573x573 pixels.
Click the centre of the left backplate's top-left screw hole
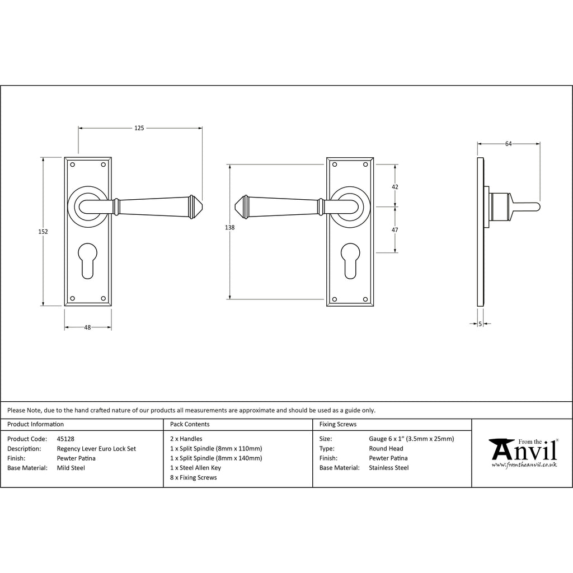(72, 165)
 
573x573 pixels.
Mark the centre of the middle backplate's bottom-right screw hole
(365, 299)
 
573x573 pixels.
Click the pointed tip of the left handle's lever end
(202, 207)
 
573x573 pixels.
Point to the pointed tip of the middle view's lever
(234, 207)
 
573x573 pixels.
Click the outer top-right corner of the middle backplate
(373, 158)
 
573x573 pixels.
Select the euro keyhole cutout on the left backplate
(88, 261)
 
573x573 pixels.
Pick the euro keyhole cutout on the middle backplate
(350, 261)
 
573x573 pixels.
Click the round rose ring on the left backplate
(88, 207)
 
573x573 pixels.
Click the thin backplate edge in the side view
(481, 232)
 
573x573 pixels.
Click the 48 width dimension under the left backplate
(87, 327)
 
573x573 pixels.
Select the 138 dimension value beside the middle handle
(229, 227)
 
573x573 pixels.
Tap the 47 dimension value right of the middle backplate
(394, 230)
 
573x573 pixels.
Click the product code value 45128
(65, 439)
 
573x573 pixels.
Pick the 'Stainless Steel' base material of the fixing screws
(389, 468)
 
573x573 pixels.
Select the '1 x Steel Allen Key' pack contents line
(195, 468)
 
